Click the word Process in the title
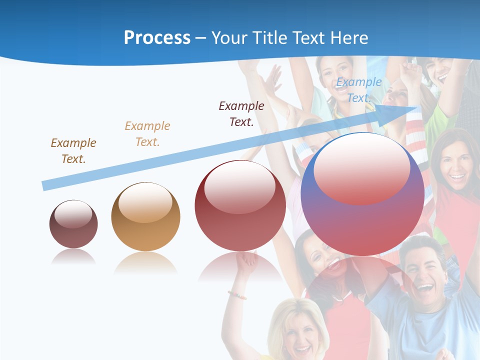(157, 38)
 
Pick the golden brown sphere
(145, 217)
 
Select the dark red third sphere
(240, 206)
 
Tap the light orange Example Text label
(147, 134)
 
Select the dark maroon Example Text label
(241, 113)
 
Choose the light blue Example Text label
(358, 90)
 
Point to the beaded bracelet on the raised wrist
(237, 295)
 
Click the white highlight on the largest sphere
(361, 167)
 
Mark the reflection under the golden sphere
(145, 262)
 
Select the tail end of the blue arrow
(46, 185)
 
